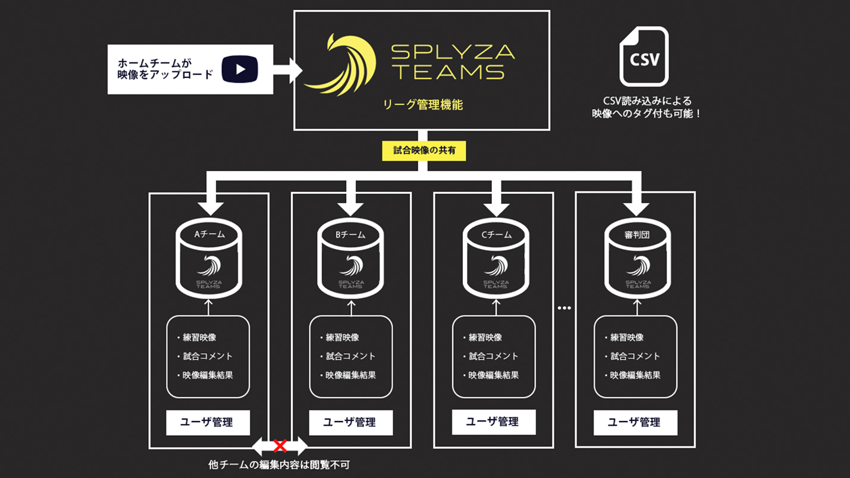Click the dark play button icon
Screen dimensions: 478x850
point(240,69)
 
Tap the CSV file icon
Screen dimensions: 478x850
point(644,57)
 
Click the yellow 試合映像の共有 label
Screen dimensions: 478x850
point(424,150)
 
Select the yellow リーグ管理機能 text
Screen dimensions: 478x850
point(423,105)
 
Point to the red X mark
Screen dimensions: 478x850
point(280,445)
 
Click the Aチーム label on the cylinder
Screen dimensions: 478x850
point(209,234)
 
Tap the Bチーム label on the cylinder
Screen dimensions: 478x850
point(350,234)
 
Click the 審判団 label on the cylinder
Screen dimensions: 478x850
point(637,234)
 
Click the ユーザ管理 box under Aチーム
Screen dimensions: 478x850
point(208,423)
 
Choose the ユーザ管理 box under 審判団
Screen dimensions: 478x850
point(635,423)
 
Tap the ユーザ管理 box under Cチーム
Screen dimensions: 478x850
point(493,423)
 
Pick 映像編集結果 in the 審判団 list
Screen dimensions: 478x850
point(635,375)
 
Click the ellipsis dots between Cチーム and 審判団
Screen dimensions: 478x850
point(564,308)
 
